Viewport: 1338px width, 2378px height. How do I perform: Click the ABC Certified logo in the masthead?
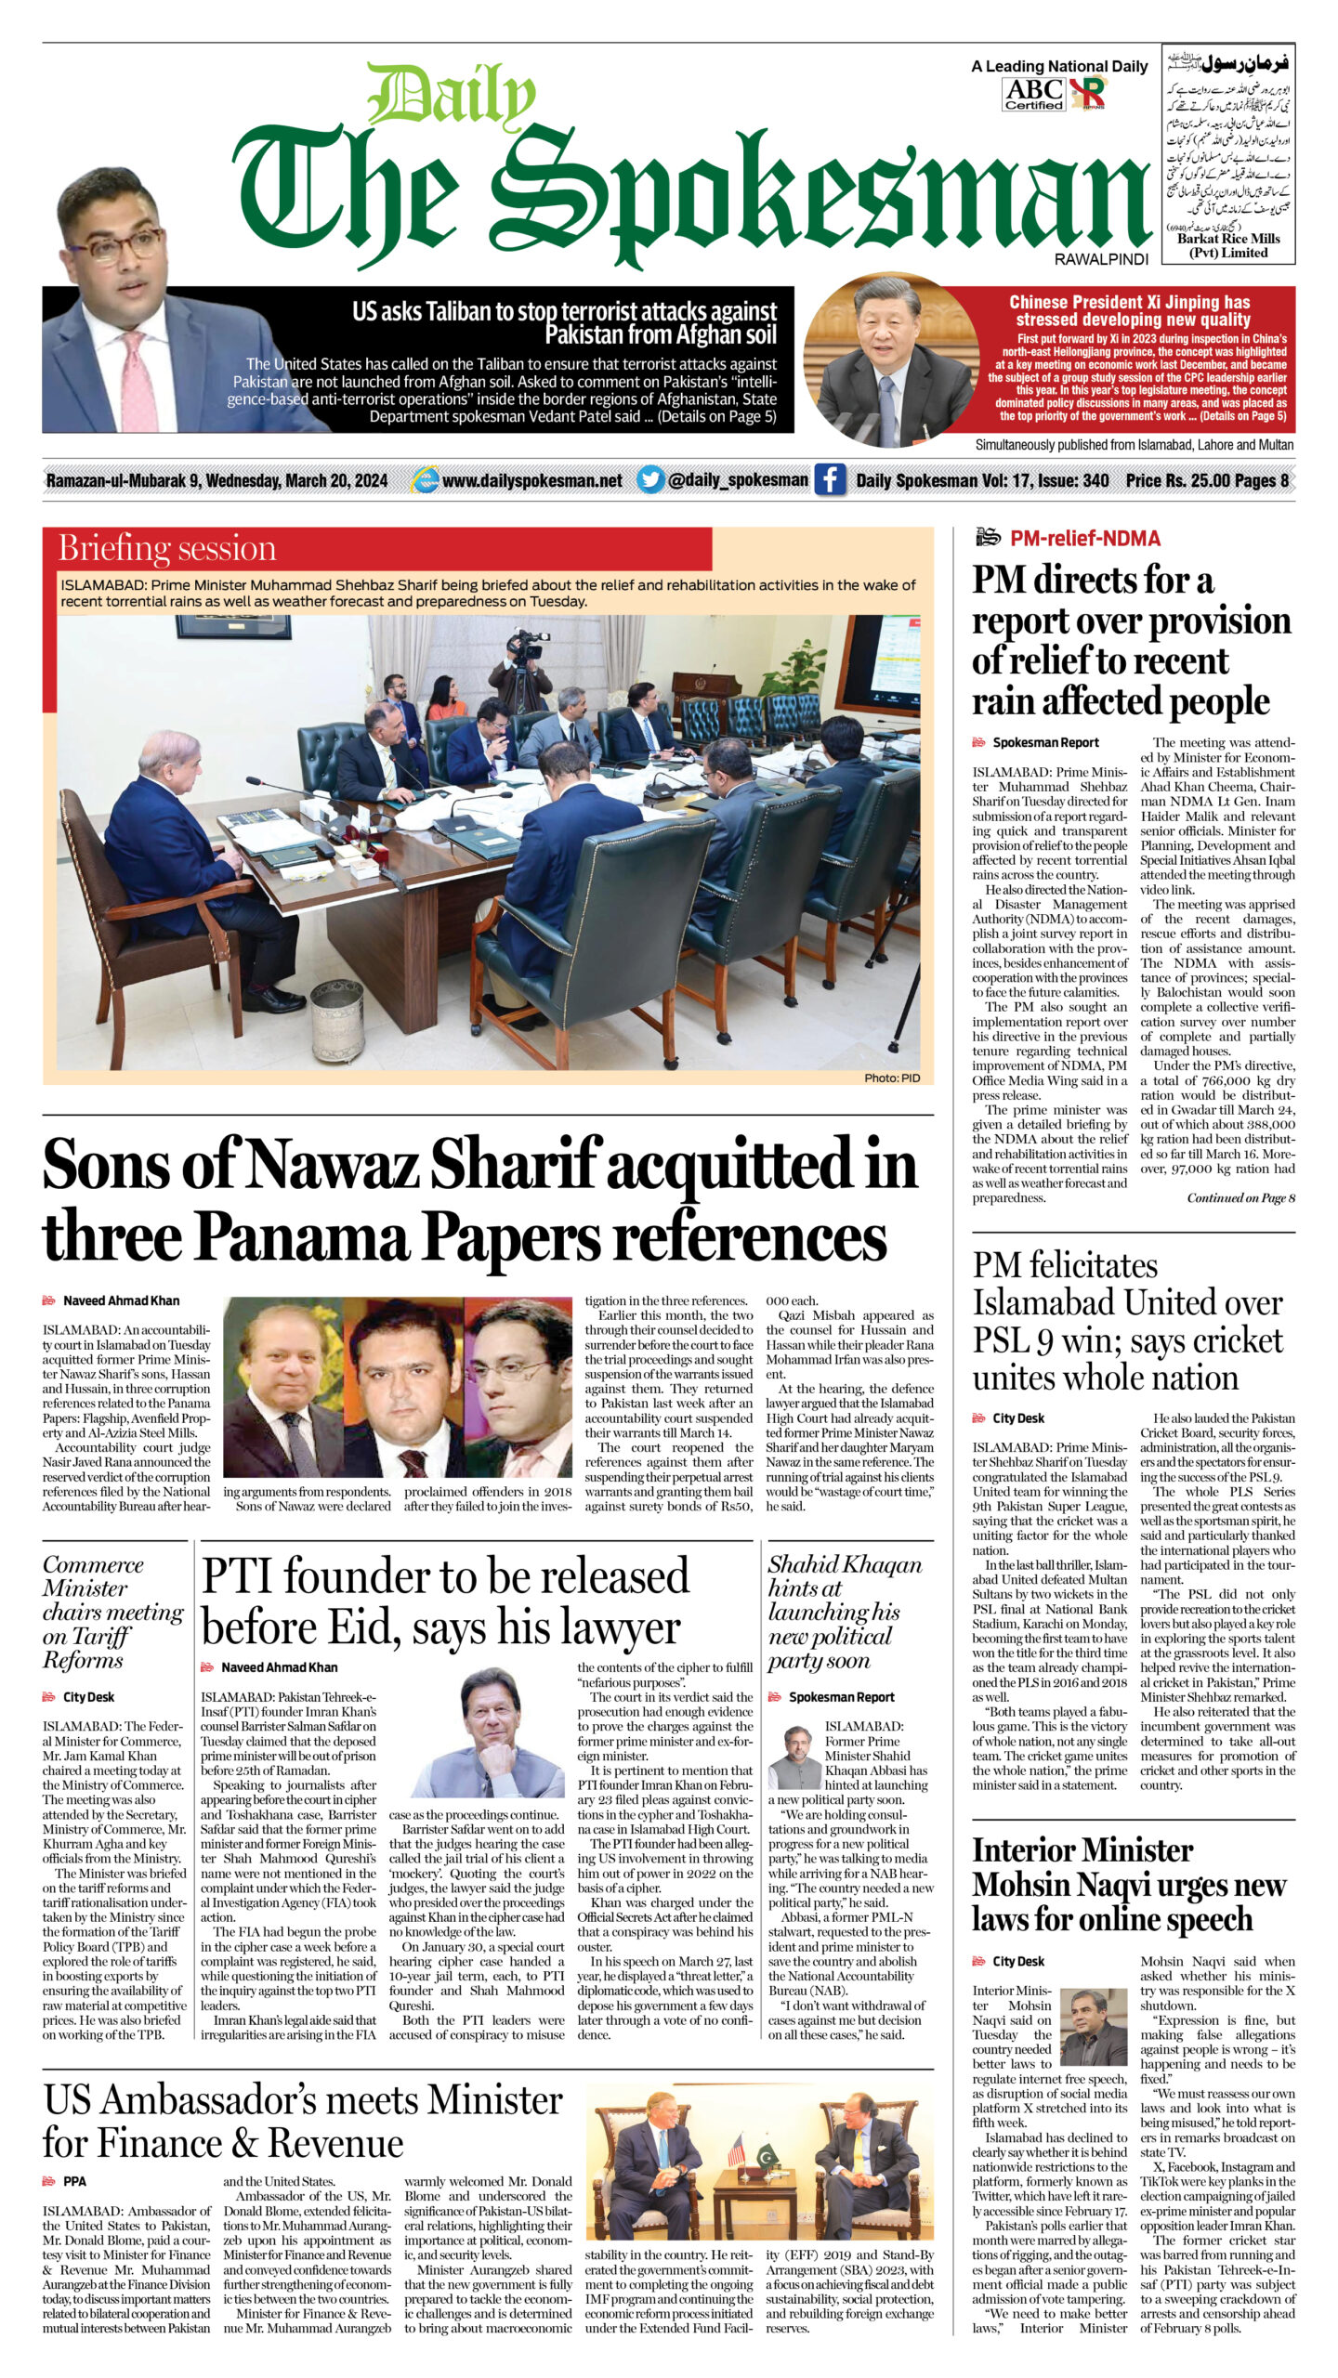click(x=1033, y=93)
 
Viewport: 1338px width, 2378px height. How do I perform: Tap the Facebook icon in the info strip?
click(x=829, y=480)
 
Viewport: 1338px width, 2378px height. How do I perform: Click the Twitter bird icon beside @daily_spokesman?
click(x=651, y=480)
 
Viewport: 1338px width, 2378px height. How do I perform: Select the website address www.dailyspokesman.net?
click(x=531, y=481)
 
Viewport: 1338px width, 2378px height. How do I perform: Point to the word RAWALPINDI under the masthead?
click(x=1101, y=260)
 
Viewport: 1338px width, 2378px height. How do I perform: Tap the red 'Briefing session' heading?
click(x=167, y=548)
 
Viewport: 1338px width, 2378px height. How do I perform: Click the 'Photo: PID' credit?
click(x=891, y=1078)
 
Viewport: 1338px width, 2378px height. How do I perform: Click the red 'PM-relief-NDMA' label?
click(x=1084, y=538)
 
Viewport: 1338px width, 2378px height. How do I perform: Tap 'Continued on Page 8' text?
click(x=1240, y=1197)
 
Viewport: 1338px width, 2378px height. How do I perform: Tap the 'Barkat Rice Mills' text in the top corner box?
click(x=1228, y=239)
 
